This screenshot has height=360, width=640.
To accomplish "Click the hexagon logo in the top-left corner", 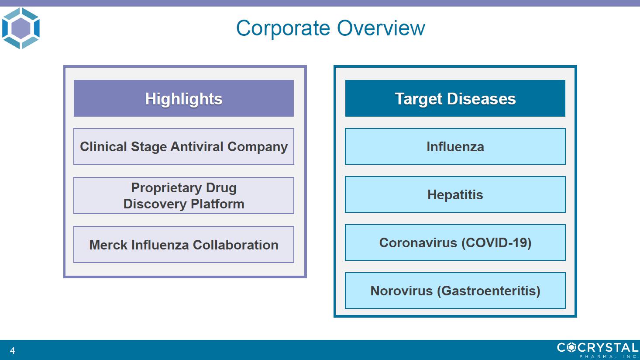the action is [21, 28].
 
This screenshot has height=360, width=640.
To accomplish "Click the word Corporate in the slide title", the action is [283, 28].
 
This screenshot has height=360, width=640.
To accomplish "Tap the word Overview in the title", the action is [381, 28].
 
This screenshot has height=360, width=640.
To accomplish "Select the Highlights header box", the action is [184, 98].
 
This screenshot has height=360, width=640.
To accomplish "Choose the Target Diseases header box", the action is [455, 98].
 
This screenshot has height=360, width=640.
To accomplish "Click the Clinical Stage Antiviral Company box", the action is [184, 146].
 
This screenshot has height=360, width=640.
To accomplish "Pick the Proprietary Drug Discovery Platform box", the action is [184, 196].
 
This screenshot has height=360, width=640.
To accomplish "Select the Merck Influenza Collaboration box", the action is [184, 245].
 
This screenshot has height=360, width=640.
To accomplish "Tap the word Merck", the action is [108, 245].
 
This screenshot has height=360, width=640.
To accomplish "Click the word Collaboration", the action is [235, 245].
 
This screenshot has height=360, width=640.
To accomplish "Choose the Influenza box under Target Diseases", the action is [455, 146].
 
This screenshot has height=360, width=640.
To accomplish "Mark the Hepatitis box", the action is [455, 194].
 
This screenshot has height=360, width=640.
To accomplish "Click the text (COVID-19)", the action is [496, 243].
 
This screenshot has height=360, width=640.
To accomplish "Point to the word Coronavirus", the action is [418, 243].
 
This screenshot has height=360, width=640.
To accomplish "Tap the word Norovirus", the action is [402, 291].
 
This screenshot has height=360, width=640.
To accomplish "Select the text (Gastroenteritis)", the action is [489, 291].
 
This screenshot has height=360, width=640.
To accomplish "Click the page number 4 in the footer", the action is [12, 350].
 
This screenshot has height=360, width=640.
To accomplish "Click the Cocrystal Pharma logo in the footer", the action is [598, 350].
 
